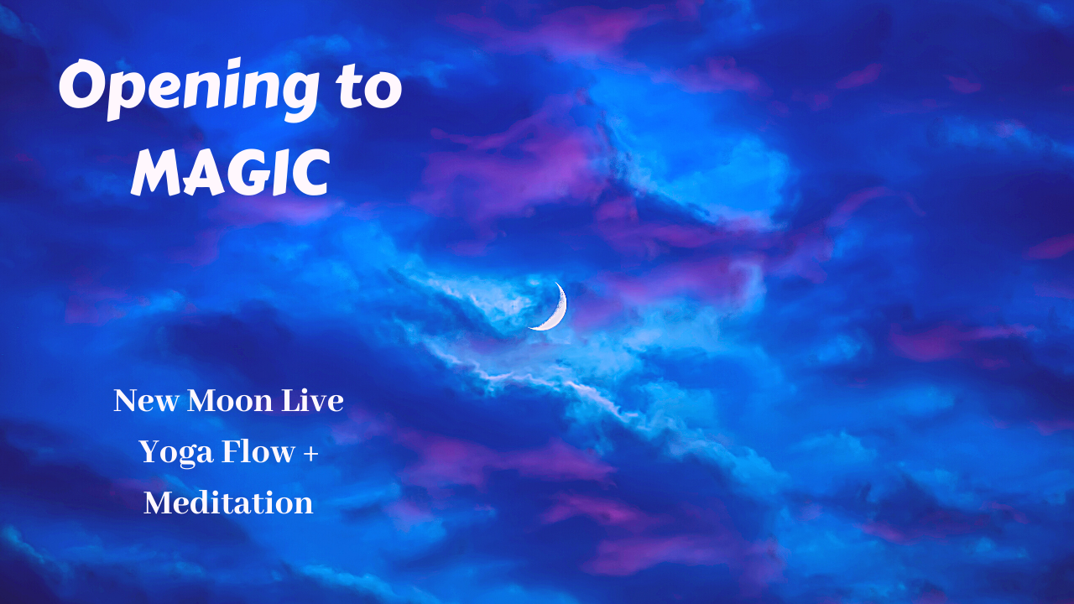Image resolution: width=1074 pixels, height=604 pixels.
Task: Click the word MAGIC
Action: tap(229, 173)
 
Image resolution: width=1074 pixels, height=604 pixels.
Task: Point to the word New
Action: tap(146, 401)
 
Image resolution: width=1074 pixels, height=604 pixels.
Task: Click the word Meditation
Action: tap(228, 503)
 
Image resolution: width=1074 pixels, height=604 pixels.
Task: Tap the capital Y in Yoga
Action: tap(149, 452)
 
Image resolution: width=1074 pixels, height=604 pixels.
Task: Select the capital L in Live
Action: tap(295, 401)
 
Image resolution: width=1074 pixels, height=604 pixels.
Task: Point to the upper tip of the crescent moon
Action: tap(554, 284)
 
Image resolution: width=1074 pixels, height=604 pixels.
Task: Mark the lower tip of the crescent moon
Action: tap(529, 328)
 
